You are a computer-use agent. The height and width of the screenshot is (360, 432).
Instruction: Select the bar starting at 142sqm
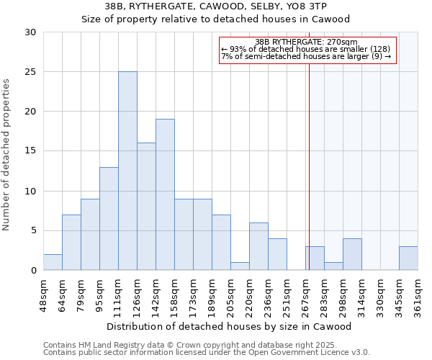click(165, 194)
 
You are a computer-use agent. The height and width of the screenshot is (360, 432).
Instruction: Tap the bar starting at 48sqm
click(53, 262)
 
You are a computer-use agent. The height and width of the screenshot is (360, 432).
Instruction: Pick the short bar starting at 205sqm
click(240, 266)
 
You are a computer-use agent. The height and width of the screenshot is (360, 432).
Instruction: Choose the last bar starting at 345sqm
click(408, 258)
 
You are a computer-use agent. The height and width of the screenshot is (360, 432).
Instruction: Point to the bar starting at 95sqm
click(109, 219)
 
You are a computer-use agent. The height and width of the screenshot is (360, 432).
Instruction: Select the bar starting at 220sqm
click(258, 246)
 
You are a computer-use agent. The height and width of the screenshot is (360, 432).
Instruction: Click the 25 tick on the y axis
click(30, 72)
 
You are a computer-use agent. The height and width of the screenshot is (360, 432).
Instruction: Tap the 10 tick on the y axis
click(30, 191)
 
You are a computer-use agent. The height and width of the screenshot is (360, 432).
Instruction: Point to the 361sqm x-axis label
click(418, 294)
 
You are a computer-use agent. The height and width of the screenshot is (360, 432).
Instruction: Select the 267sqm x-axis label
click(305, 294)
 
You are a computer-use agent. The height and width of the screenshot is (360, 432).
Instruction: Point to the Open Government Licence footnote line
click(207, 353)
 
